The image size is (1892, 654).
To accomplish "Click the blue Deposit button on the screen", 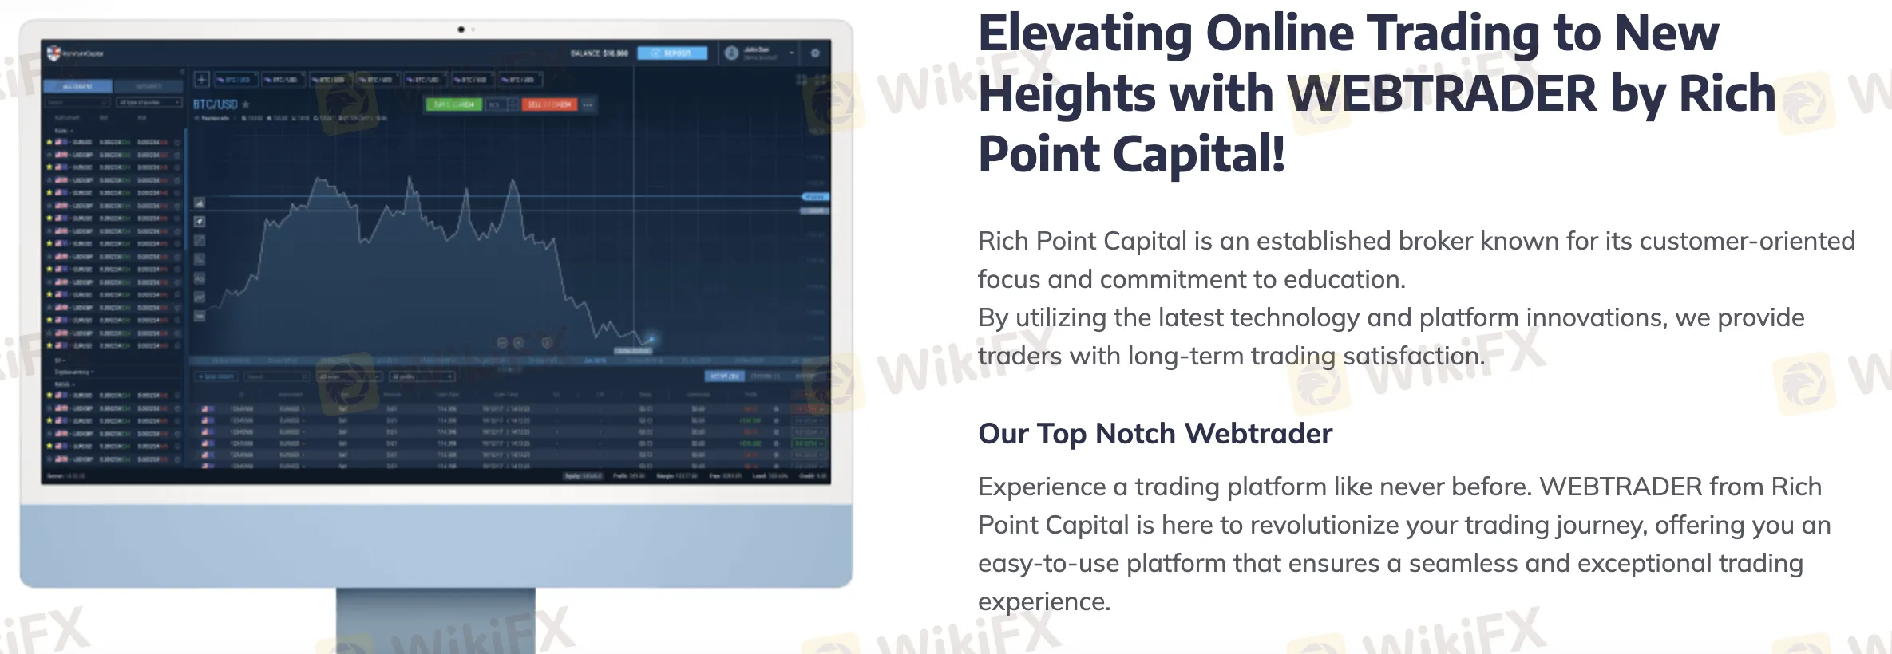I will tap(672, 53).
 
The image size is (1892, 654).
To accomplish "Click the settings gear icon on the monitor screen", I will tap(815, 53).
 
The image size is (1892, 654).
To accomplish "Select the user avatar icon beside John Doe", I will tap(731, 53).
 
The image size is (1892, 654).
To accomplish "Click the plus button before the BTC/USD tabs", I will tap(202, 79).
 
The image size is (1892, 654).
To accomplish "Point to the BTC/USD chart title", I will tap(215, 104).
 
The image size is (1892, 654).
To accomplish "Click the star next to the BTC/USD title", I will tap(246, 104).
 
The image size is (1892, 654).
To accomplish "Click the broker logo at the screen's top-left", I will tap(54, 53).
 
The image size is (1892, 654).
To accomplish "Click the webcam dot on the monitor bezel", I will tap(461, 30).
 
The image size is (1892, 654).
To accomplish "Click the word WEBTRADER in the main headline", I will tap(1442, 94).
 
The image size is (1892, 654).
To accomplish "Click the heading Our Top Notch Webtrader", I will tap(1155, 434).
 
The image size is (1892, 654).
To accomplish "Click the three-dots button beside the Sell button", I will tap(588, 104).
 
